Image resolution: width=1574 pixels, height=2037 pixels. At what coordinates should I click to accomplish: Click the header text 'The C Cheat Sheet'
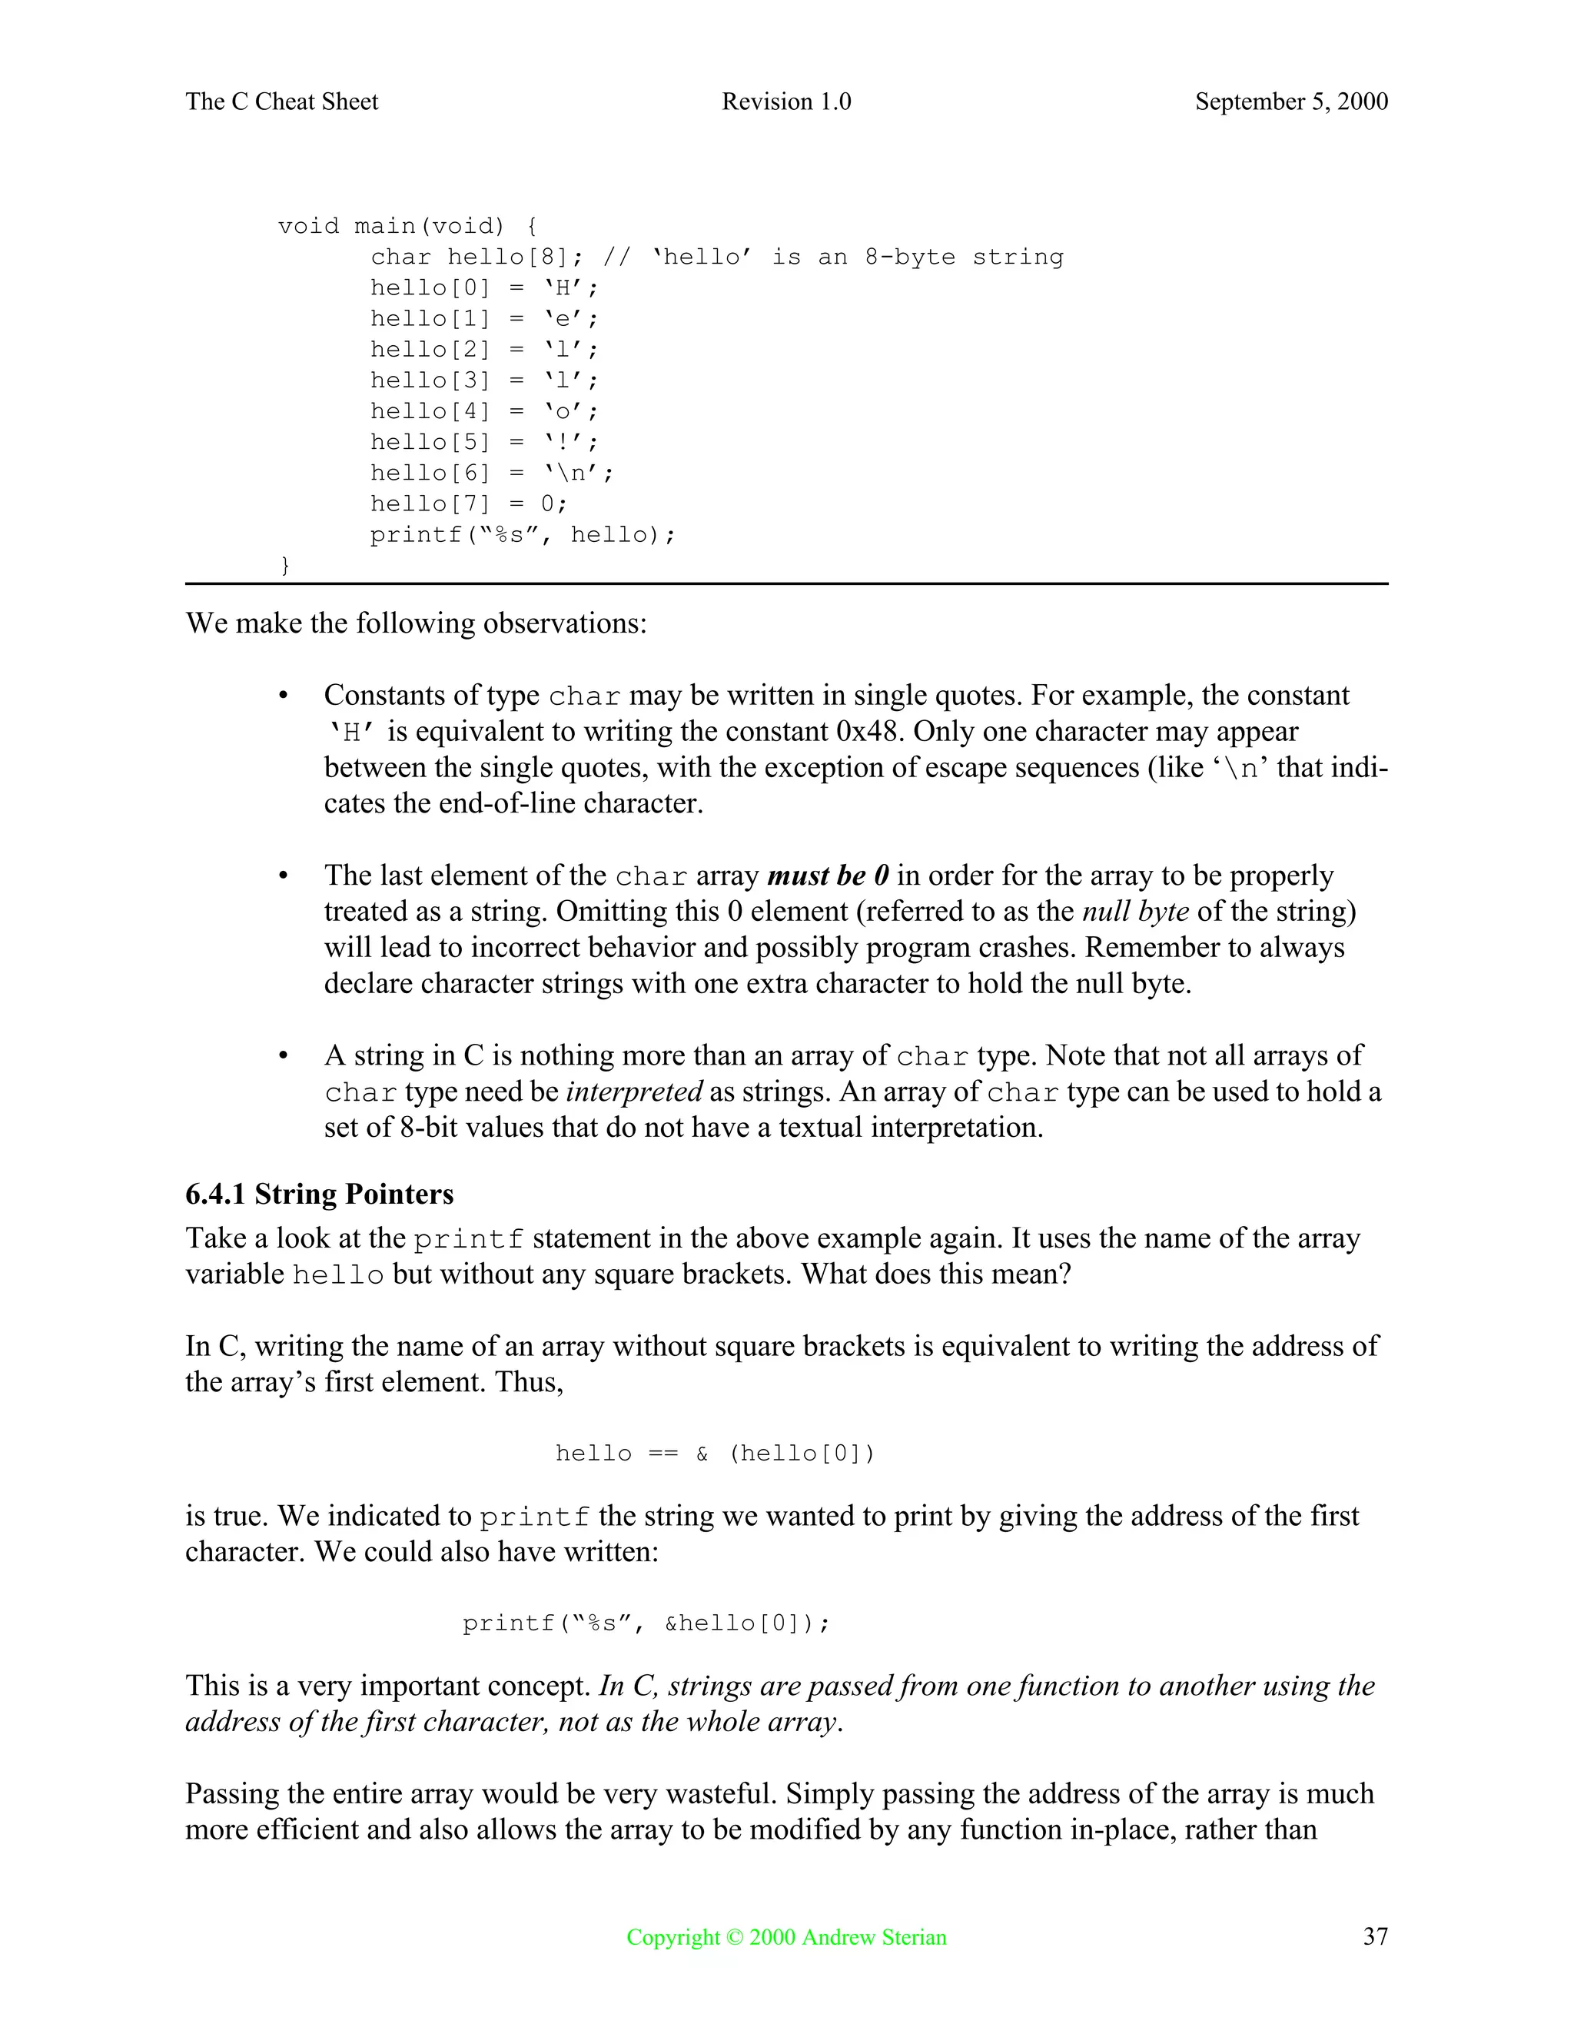point(281,101)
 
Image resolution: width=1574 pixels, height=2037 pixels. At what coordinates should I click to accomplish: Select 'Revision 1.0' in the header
point(786,101)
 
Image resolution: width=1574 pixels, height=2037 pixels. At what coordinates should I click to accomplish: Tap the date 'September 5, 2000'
point(1290,101)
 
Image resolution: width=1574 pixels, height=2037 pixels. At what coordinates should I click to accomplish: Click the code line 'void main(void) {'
point(407,227)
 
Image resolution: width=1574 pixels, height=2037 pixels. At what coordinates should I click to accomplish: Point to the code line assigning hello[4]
point(484,411)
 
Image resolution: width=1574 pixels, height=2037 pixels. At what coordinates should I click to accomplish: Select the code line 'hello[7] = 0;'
point(468,503)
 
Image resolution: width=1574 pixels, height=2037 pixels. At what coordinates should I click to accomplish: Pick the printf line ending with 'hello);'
point(522,534)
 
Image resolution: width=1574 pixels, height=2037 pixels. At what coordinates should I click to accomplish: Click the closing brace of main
point(285,565)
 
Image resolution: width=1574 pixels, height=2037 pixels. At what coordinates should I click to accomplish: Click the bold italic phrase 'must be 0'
point(827,876)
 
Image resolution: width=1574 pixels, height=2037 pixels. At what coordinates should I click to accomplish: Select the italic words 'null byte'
point(1135,911)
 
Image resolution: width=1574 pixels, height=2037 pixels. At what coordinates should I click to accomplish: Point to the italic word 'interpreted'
point(634,1092)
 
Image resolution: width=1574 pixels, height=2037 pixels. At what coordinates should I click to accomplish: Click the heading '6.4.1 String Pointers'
point(319,1194)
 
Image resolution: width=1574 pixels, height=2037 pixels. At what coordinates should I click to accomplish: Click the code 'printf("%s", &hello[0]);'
point(646,1623)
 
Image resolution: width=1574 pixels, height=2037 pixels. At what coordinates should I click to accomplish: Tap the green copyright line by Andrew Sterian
point(786,1936)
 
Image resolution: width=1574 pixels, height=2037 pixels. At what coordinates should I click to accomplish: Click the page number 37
point(1374,1936)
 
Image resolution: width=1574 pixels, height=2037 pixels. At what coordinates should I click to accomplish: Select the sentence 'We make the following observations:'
point(416,623)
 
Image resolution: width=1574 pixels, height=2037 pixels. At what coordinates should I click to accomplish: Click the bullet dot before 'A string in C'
point(283,1057)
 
